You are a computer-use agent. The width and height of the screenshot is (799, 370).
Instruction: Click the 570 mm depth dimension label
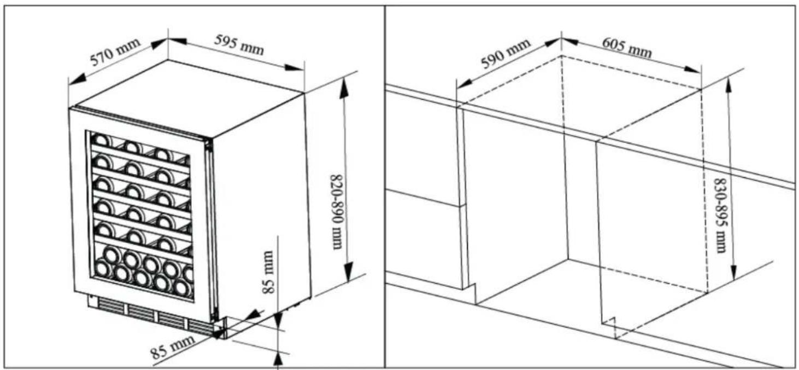(x=115, y=52)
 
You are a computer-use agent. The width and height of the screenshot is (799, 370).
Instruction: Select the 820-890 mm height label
(x=336, y=212)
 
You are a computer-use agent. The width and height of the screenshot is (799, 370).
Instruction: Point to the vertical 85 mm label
(x=268, y=272)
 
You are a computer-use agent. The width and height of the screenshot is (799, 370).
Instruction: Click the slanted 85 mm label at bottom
(x=173, y=346)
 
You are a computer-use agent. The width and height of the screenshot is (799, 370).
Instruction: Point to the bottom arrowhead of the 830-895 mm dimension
(x=733, y=271)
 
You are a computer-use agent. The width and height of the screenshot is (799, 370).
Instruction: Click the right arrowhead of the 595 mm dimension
(x=294, y=67)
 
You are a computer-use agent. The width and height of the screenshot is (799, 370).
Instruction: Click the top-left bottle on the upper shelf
(x=102, y=140)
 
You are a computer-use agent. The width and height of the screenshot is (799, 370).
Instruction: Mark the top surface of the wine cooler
(x=185, y=98)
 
